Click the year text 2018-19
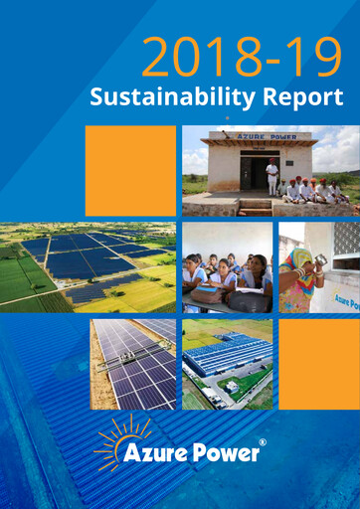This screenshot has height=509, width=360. [x=242, y=58]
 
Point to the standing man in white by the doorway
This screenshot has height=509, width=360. [x=271, y=178]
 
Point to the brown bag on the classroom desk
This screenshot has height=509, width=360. [x=249, y=300]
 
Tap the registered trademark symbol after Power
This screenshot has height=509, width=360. [x=262, y=442]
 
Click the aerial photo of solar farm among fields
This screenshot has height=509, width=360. [x=89, y=266]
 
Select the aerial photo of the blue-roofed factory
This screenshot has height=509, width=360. [x=227, y=364]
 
